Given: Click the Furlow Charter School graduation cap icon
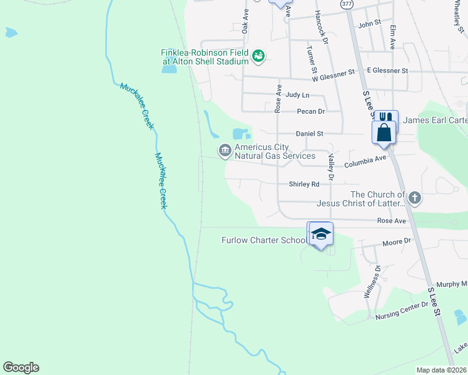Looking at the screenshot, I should point(321,234).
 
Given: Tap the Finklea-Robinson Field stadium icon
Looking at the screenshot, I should point(258,57).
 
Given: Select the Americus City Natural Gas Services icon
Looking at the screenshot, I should point(224,150).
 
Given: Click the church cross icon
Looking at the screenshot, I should point(414,199).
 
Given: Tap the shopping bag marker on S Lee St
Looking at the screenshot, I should point(384,132).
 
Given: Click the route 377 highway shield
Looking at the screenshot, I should point(347,4).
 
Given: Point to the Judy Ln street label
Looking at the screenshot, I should point(297,95).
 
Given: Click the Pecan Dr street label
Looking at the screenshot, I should point(311,111).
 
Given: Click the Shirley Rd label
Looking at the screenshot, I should point(304,184).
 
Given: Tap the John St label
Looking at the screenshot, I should point(369,23).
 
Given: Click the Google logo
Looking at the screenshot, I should point(21,367).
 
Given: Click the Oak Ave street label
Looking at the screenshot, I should point(246,21).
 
